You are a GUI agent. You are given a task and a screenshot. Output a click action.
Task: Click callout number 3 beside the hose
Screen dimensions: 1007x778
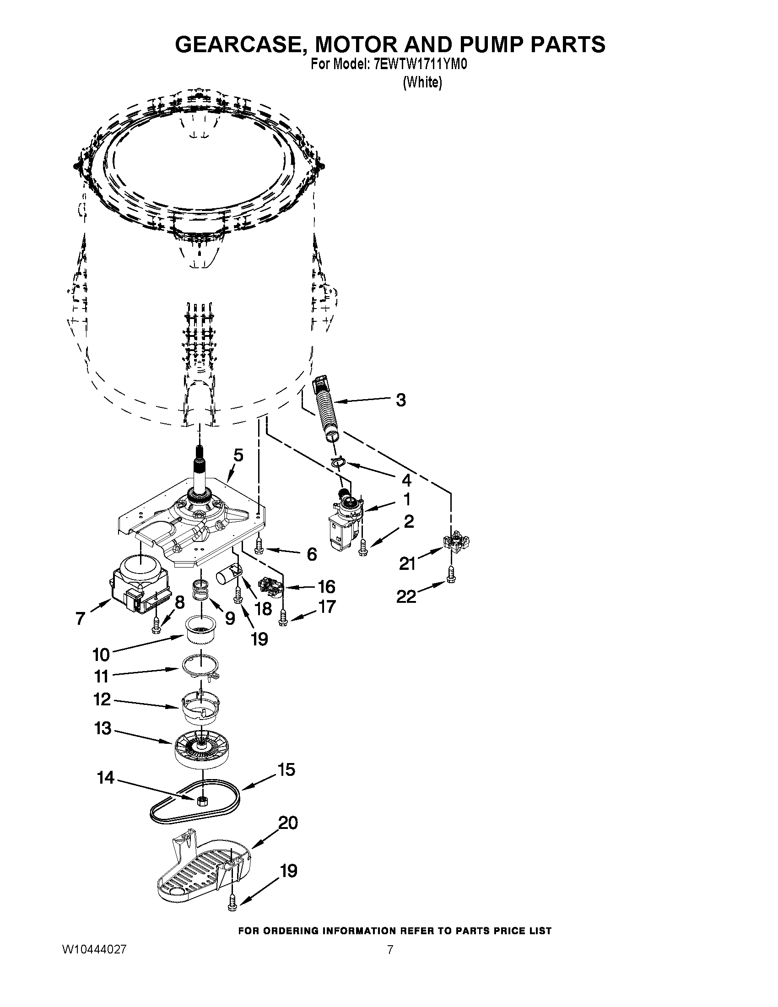coord(400,400)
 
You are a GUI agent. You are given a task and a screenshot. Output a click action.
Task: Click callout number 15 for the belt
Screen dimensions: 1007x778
coord(286,770)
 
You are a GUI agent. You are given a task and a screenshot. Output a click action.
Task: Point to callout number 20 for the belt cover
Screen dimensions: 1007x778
coord(288,823)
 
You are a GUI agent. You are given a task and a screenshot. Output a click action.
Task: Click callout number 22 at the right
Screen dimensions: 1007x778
coord(406,596)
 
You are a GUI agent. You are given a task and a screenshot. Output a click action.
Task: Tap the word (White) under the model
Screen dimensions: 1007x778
coord(422,83)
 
